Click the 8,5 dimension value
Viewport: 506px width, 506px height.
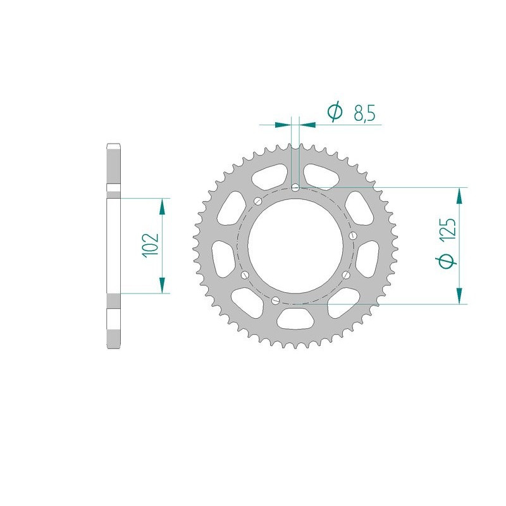(365, 114)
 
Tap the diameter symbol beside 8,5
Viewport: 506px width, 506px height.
(335, 113)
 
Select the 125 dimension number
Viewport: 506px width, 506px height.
(447, 231)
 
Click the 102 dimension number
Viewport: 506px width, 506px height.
(151, 245)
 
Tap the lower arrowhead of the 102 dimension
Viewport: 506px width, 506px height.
(163, 287)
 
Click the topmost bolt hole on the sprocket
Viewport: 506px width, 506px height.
(296, 187)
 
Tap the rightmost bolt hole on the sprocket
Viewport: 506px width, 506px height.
(352, 236)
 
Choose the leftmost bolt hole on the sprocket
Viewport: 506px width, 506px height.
(244, 275)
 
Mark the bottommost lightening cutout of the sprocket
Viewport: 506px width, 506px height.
(298, 320)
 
